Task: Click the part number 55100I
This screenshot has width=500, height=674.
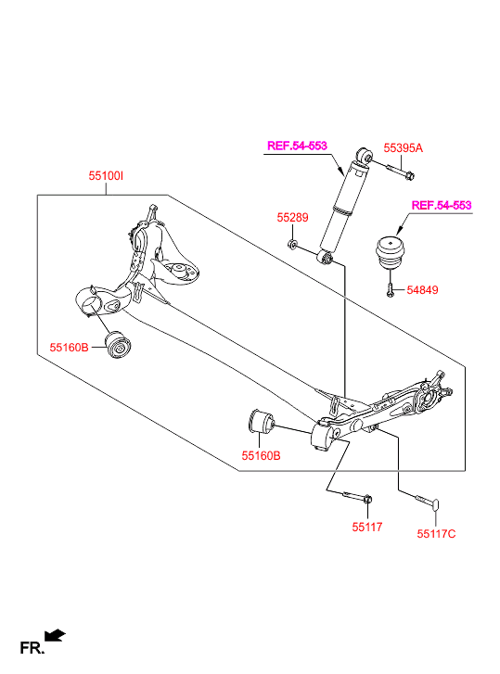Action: [106, 176]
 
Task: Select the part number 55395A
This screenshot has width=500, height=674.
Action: [403, 147]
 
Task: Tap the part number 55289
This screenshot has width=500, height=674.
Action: [292, 218]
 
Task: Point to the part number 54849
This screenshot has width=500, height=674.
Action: [422, 289]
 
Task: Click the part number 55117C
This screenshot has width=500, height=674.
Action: [436, 534]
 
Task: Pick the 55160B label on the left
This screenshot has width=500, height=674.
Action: [69, 348]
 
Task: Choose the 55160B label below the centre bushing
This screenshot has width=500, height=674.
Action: [261, 455]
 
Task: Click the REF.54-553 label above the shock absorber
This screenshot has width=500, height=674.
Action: [297, 146]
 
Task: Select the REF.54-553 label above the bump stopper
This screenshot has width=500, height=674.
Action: [442, 205]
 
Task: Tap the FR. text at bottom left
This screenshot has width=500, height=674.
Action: [32, 648]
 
